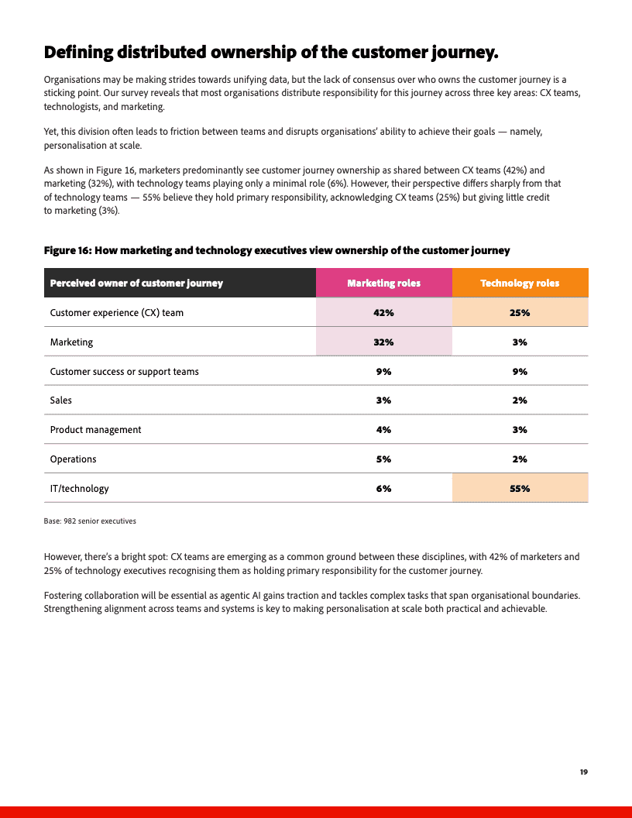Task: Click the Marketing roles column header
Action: [x=383, y=283]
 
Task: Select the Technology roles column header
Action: [x=520, y=283]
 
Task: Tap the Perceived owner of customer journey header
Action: [x=136, y=283]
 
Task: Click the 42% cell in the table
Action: [x=383, y=313]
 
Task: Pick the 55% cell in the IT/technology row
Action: [x=520, y=489]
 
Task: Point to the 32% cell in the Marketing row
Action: [x=383, y=342]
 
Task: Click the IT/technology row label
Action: [x=79, y=489]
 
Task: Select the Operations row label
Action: [x=73, y=459]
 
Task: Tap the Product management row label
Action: [x=95, y=430]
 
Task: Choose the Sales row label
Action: [x=60, y=400]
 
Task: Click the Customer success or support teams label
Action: [x=124, y=372]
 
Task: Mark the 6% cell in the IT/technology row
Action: [x=383, y=489]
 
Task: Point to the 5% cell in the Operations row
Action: [x=383, y=459]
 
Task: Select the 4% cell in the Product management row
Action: [x=383, y=430]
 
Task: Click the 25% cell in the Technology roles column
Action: [x=520, y=313]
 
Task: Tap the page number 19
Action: [x=583, y=772]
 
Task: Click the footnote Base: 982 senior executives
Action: [x=90, y=521]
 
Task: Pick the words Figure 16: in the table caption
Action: [x=67, y=250]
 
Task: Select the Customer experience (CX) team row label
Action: [x=116, y=313]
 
